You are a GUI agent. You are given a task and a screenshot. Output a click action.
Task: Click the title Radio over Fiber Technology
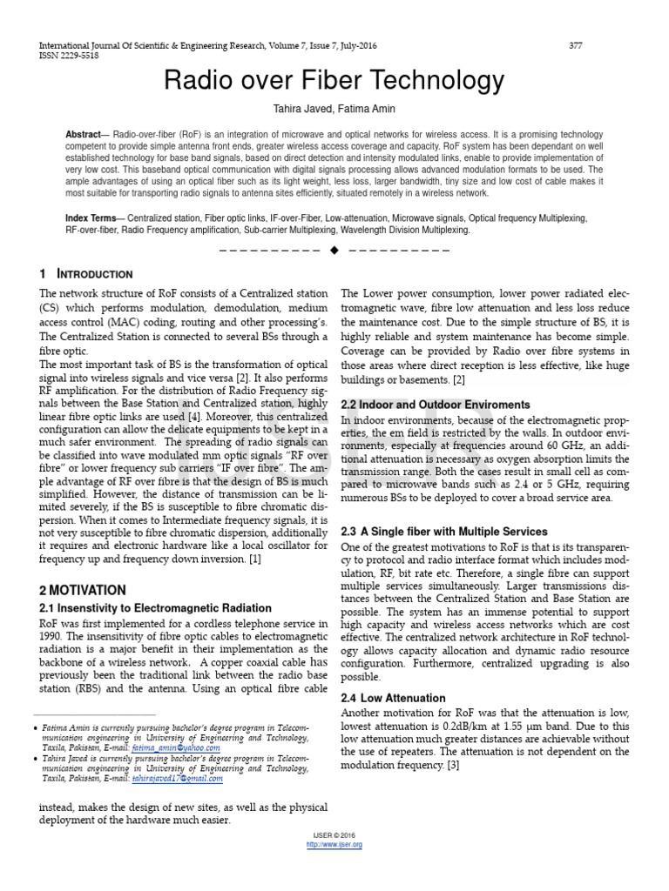pyautogui.click(x=334, y=81)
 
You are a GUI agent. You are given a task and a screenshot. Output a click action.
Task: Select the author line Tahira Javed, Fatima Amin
pyautogui.click(x=334, y=109)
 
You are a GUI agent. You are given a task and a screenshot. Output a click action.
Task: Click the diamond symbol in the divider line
pyautogui.click(x=334, y=250)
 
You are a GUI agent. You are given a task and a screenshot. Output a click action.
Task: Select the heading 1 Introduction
pyautogui.click(x=86, y=274)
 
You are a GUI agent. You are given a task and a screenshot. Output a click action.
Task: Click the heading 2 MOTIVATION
pyautogui.click(x=83, y=589)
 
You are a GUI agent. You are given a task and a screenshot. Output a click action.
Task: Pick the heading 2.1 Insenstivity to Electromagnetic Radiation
pyautogui.click(x=155, y=607)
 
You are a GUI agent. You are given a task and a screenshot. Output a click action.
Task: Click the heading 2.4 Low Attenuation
pyautogui.click(x=393, y=698)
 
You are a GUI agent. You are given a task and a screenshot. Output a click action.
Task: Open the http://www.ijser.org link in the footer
pyautogui.click(x=334, y=844)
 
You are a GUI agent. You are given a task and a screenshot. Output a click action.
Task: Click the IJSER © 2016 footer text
pyautogui.click(x=334, y=834)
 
